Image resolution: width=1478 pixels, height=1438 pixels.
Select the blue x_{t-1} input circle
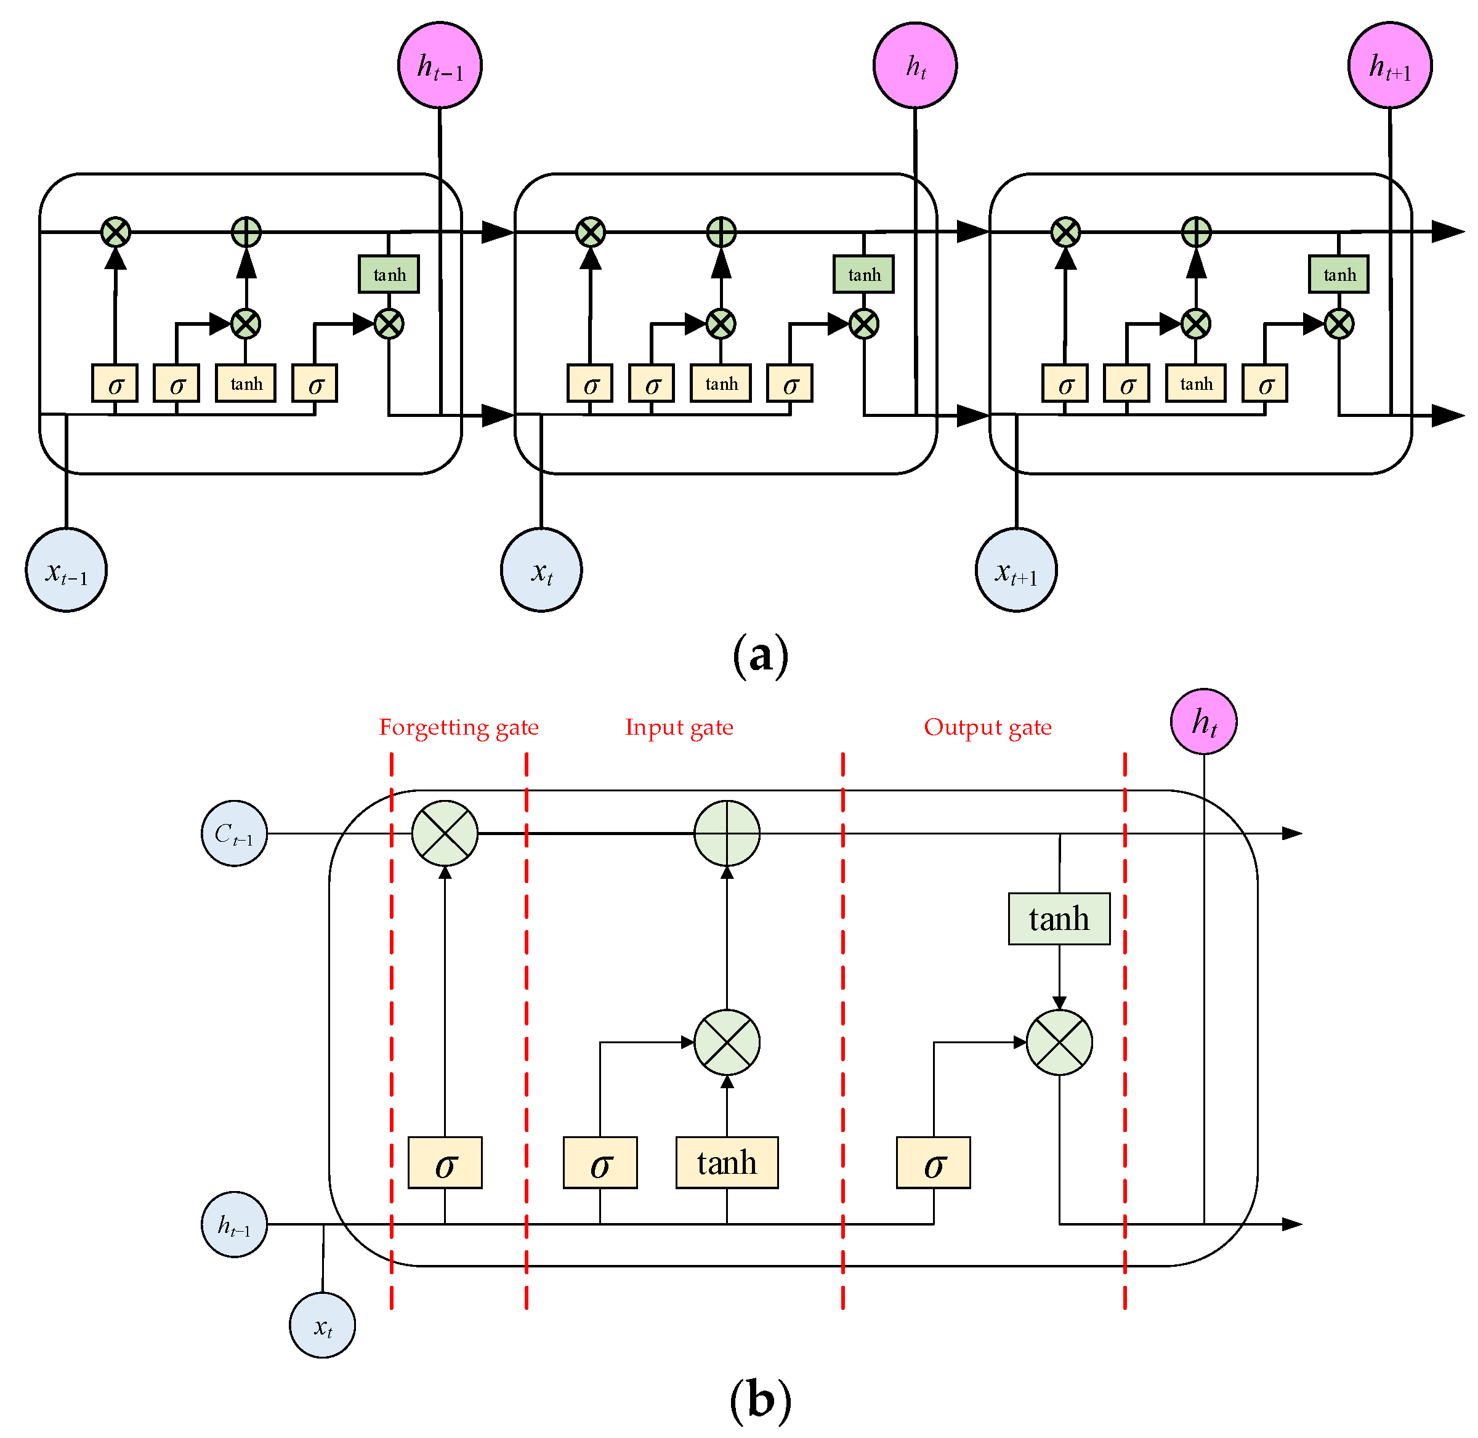click(67, 571)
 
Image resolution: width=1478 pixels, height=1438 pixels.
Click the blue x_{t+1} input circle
click(1017, 571)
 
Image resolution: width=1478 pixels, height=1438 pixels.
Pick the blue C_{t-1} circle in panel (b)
click(234, 834)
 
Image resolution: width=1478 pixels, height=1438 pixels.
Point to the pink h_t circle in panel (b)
click(1204, 722)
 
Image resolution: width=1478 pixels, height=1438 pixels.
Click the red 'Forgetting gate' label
click(458, 727)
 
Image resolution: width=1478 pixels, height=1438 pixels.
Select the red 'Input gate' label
click(679, 727)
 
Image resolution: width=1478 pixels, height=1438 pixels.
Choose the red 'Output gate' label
click(988, 727)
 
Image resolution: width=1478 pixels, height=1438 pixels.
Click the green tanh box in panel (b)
click(1059, 919)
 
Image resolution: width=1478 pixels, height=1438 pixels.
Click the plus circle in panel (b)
click(727, 834)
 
